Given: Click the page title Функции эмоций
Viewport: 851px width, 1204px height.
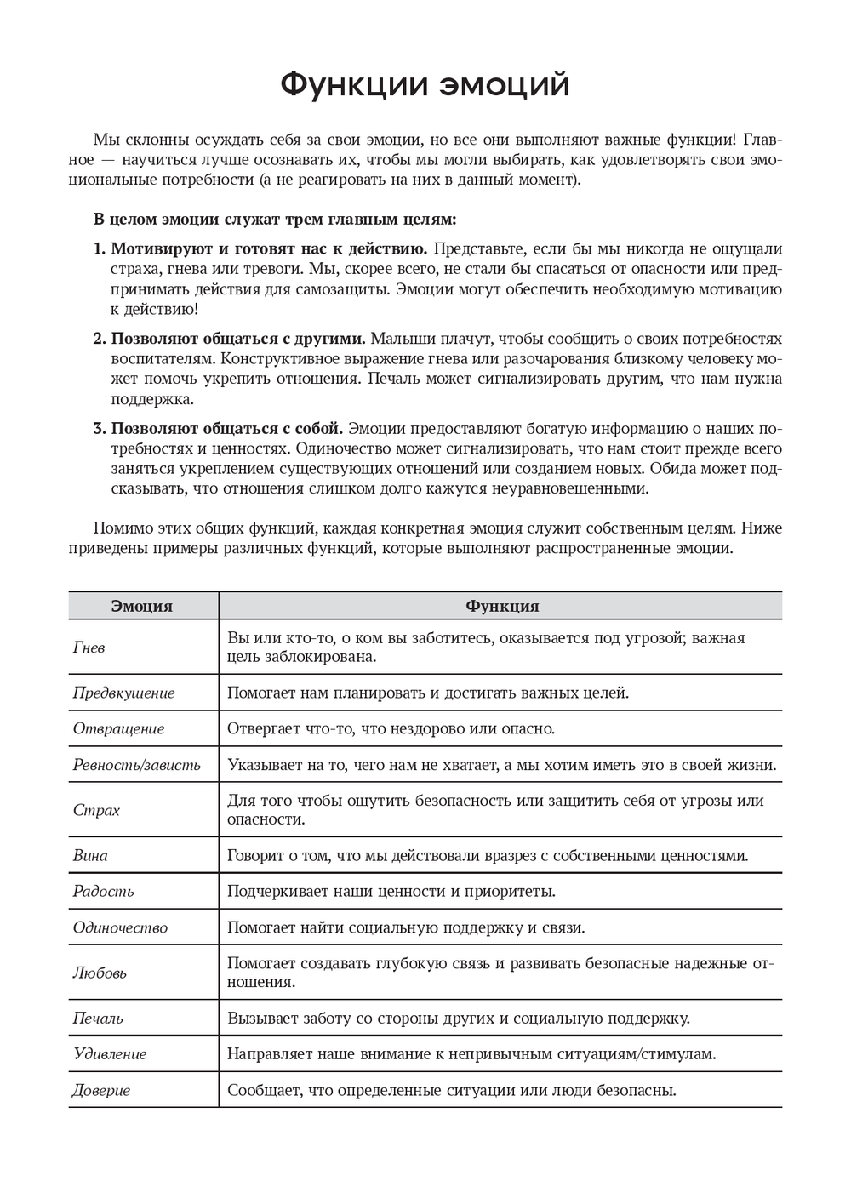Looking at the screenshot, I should (425, 85).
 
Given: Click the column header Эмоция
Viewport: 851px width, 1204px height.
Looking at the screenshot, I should (142, 607).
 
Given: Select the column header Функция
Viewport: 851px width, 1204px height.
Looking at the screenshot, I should (501, 607).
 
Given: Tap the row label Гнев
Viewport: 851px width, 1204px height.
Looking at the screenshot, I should (89, 648).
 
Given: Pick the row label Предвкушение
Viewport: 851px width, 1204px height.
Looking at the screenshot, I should (123, 693).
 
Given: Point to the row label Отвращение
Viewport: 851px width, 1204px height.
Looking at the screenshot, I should (118, 729).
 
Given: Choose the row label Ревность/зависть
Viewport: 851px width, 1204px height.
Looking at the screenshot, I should (136, 765).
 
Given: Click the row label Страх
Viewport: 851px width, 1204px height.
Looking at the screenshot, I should (96, 810).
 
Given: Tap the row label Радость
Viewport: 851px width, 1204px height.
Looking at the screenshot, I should (103, 892).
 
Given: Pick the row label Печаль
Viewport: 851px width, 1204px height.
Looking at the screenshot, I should (98, 1019).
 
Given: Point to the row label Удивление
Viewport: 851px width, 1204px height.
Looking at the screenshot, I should (110, 1054).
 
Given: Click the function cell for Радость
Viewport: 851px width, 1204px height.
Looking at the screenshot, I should (391, 892).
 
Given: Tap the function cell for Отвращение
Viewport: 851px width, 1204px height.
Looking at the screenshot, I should (391, 729).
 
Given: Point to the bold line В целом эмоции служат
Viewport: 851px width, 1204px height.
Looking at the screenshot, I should (275, 220).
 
